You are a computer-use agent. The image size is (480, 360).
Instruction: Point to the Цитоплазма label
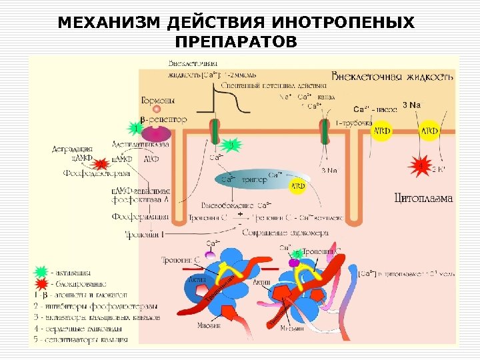[423, 197]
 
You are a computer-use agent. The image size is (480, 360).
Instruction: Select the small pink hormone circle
[157, 110]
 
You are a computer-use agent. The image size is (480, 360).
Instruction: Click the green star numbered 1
[136, 127]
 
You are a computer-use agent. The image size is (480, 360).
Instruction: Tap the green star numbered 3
[230, 145]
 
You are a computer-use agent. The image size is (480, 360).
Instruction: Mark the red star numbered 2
[101, 164]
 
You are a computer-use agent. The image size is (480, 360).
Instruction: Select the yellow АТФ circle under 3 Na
[429, 131]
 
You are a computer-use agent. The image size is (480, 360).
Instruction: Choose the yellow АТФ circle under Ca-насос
[382, 131]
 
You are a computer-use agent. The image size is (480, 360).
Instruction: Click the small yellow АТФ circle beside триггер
[299, 186]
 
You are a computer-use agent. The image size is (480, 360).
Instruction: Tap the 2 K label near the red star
[438, 170]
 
